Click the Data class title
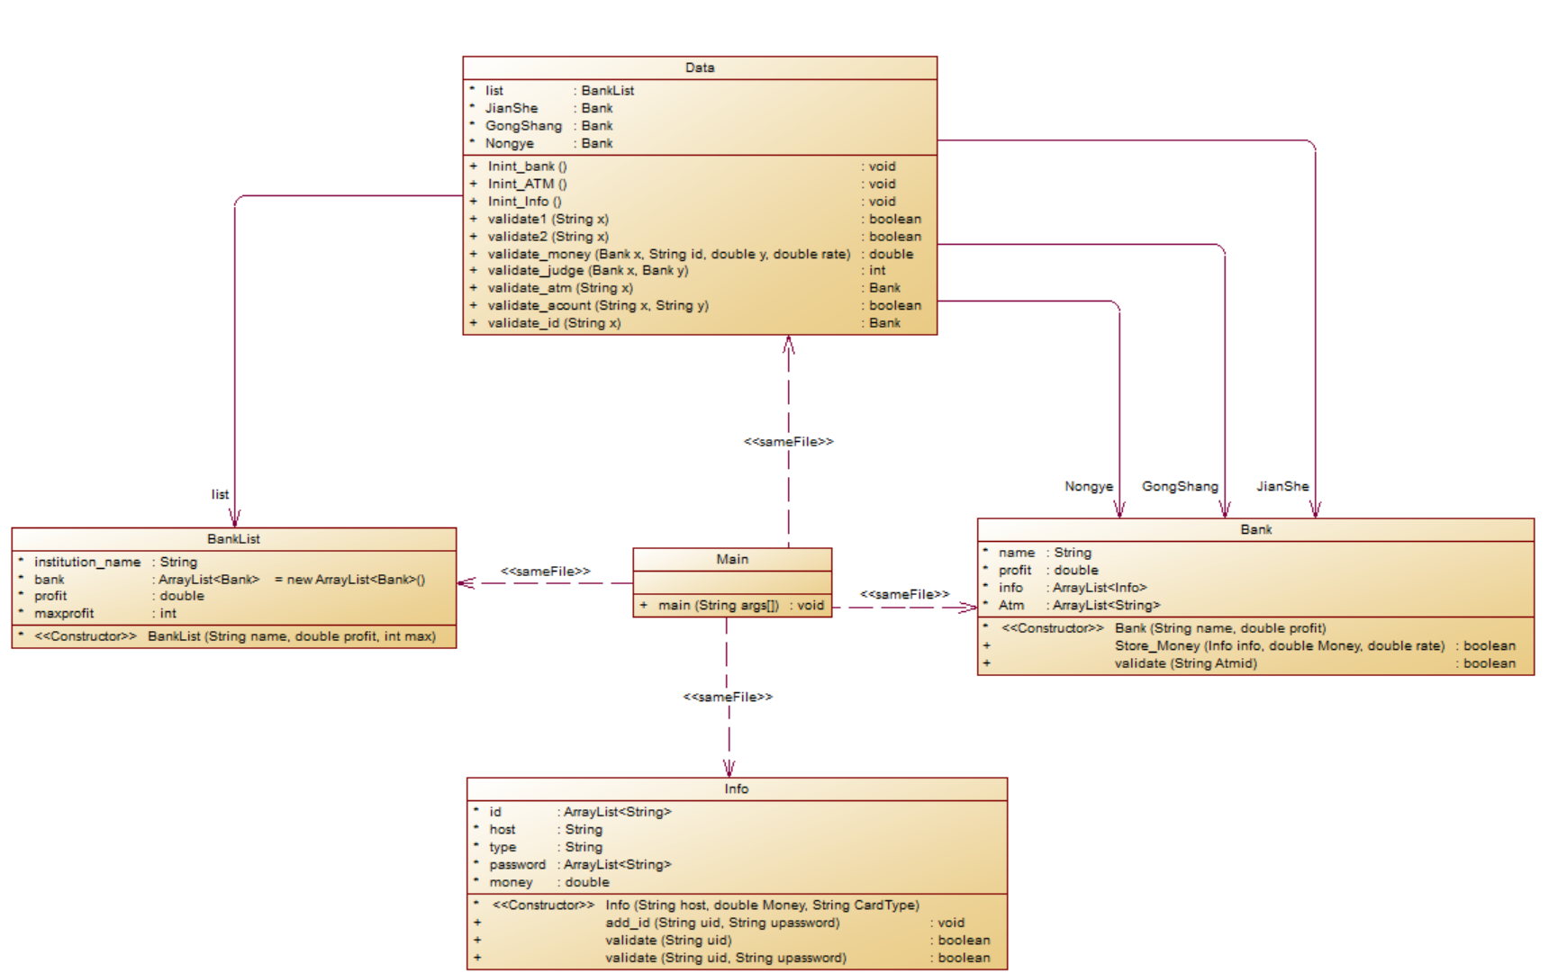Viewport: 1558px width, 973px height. [700, 68]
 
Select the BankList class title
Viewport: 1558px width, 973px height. [233, 538]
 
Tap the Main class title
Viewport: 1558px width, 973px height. [732, 559]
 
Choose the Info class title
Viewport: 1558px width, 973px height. [737, 788]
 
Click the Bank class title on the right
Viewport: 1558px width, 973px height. [1255, 529]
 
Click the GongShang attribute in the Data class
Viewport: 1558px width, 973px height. [523, 126]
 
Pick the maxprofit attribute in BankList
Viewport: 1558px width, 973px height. [64, 613]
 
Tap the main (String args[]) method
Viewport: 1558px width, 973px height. [718, 605]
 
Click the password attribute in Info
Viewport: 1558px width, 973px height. [517, 864]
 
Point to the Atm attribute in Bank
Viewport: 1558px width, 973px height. [1010, 605]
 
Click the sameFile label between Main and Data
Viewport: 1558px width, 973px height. [788, 442]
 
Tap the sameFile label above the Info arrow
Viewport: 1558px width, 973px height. [728, 697]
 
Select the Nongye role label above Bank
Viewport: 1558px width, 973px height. [1089, 486]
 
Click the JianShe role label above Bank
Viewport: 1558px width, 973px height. [1282, 486]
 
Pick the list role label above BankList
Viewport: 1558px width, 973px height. [220, 494]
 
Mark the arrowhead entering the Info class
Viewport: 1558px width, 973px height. [729, 769]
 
